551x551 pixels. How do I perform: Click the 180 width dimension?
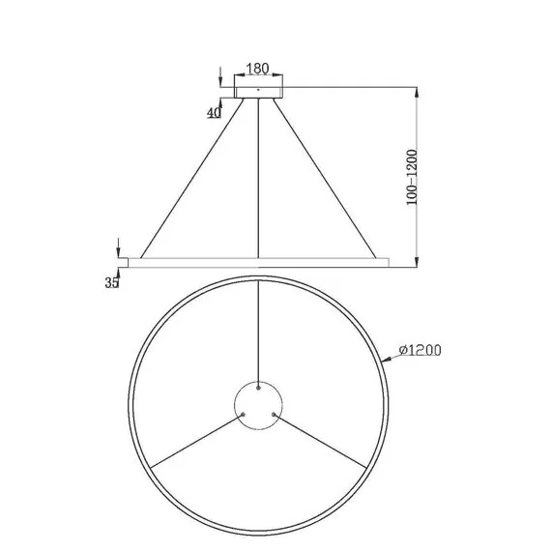tap(258, 70)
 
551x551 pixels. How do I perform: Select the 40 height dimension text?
tap(215, 112)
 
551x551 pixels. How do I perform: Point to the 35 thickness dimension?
tap(111, 282)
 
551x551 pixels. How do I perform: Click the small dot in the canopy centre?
tap(258, 90)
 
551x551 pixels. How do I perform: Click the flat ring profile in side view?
tap(258, 261)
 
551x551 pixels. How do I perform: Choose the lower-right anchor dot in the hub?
tap(275, 414)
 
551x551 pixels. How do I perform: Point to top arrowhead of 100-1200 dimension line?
tap(417, 89)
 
